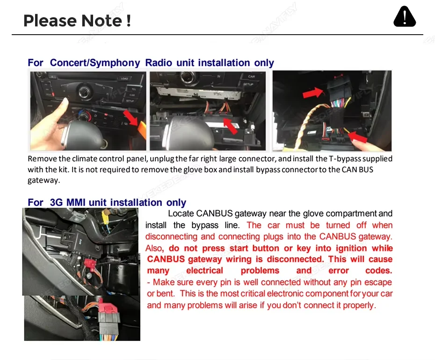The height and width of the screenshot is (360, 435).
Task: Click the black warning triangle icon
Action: tap(405, 17)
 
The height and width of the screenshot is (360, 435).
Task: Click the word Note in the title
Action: tap(101, 21)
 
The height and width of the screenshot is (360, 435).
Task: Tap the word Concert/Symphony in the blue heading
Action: tap(95, 63)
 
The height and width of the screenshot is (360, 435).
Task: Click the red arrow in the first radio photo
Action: tap(131, 118)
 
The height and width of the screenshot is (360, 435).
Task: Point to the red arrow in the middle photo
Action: tap(230, 126)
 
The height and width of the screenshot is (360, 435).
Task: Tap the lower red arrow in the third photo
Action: tap(357, 137)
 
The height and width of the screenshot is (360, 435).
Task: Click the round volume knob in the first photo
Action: tap(85, 92)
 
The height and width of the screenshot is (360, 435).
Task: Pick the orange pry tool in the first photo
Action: tap(142, 129)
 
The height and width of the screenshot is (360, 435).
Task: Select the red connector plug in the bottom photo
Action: tap(109, 306)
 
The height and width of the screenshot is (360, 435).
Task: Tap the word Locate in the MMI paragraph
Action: tap(181, 213)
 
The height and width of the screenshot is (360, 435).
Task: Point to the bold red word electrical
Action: tap(204, 271)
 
